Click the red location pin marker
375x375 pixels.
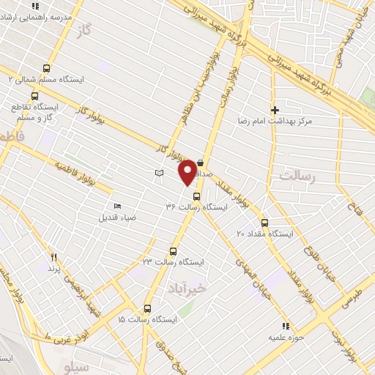coord(188,171)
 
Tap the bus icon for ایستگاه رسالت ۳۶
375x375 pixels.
coord(196,196)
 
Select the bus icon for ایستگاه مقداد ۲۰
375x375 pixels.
coord(264,223)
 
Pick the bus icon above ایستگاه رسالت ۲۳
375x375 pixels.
coord(174,250)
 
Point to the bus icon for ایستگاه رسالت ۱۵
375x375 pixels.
coord(147,309)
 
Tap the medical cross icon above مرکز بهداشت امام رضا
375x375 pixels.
coord(275,109)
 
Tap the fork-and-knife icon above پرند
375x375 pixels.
coord(53,257)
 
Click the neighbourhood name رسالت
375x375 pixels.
coord(297,176)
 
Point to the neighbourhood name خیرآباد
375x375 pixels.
coord(186,288)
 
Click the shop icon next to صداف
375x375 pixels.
coord(201,163)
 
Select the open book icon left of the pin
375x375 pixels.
coord(159,173)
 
